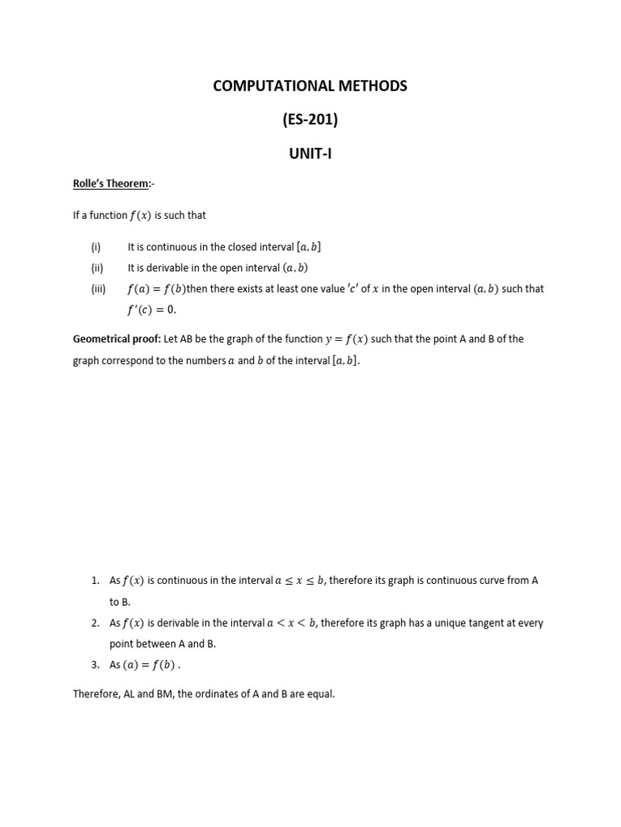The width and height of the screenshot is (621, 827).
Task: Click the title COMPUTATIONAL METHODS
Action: pos(310,86)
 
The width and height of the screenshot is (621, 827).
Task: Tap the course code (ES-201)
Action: pos(310,120)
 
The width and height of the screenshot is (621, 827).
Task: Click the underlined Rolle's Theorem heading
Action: pos(111,183)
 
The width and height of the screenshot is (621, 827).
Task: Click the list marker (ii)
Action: pos(96,267)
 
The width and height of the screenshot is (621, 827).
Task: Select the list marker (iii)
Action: pos(98,288)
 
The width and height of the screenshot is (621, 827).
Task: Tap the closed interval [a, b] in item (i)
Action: pos(315,247)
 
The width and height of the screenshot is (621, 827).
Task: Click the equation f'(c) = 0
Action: pos(150,309)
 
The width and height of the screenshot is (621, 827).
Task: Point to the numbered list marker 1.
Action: pos(95,580)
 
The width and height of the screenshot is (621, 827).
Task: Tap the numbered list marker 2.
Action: pos(95,623)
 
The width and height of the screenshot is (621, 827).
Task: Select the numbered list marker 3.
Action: pos(95,665)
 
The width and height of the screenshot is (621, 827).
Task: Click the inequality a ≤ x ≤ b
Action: pos(300,580)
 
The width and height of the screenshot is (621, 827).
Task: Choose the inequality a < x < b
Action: pos(292,623)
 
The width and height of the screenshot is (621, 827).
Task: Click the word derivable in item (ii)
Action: pos(168,267)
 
